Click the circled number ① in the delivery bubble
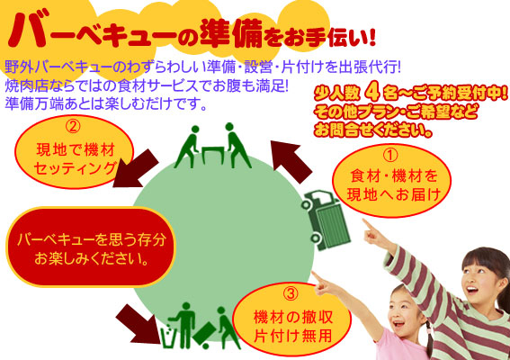tap(390, 156)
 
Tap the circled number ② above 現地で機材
tap(73, 127)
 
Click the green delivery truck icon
tap(326, 220)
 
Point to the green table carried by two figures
tap(212, 155)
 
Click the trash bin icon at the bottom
tap(168, 336)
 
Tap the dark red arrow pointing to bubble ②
tap(135, 169)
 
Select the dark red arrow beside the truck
tap(291, 160)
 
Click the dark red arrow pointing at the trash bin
tap(139, 324)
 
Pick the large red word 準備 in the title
tap(231, 34)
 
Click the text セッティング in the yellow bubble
tap(75, 169)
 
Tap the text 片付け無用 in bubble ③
tap(292, 335)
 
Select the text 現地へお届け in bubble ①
tap(394, 194)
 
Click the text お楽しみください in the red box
tap(91, 259)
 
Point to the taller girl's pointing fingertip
tap(364, 221)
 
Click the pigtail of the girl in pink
tap(429, 338)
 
